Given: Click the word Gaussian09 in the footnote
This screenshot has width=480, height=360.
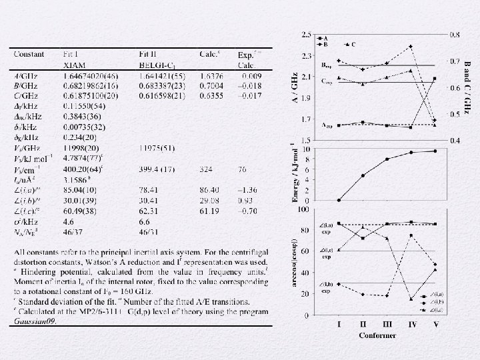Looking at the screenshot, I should (x=34, y=321).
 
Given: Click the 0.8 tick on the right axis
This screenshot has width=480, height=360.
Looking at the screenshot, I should (x=454, y=34).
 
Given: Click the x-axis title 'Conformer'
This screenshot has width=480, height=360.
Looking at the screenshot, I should (x=377, y=335).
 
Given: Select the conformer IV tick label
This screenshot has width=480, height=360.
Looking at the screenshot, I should (x=411, y=325).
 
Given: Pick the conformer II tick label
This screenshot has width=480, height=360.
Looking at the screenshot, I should (x=363, y=325).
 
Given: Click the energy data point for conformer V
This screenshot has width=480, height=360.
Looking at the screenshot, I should (x=435, y=151).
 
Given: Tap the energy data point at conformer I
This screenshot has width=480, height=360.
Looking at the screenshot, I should (x=339, y=200).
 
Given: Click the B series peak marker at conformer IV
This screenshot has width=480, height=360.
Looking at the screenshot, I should (x=411, y=47).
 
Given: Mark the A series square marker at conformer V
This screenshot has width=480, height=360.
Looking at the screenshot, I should (x=435, y=79).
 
